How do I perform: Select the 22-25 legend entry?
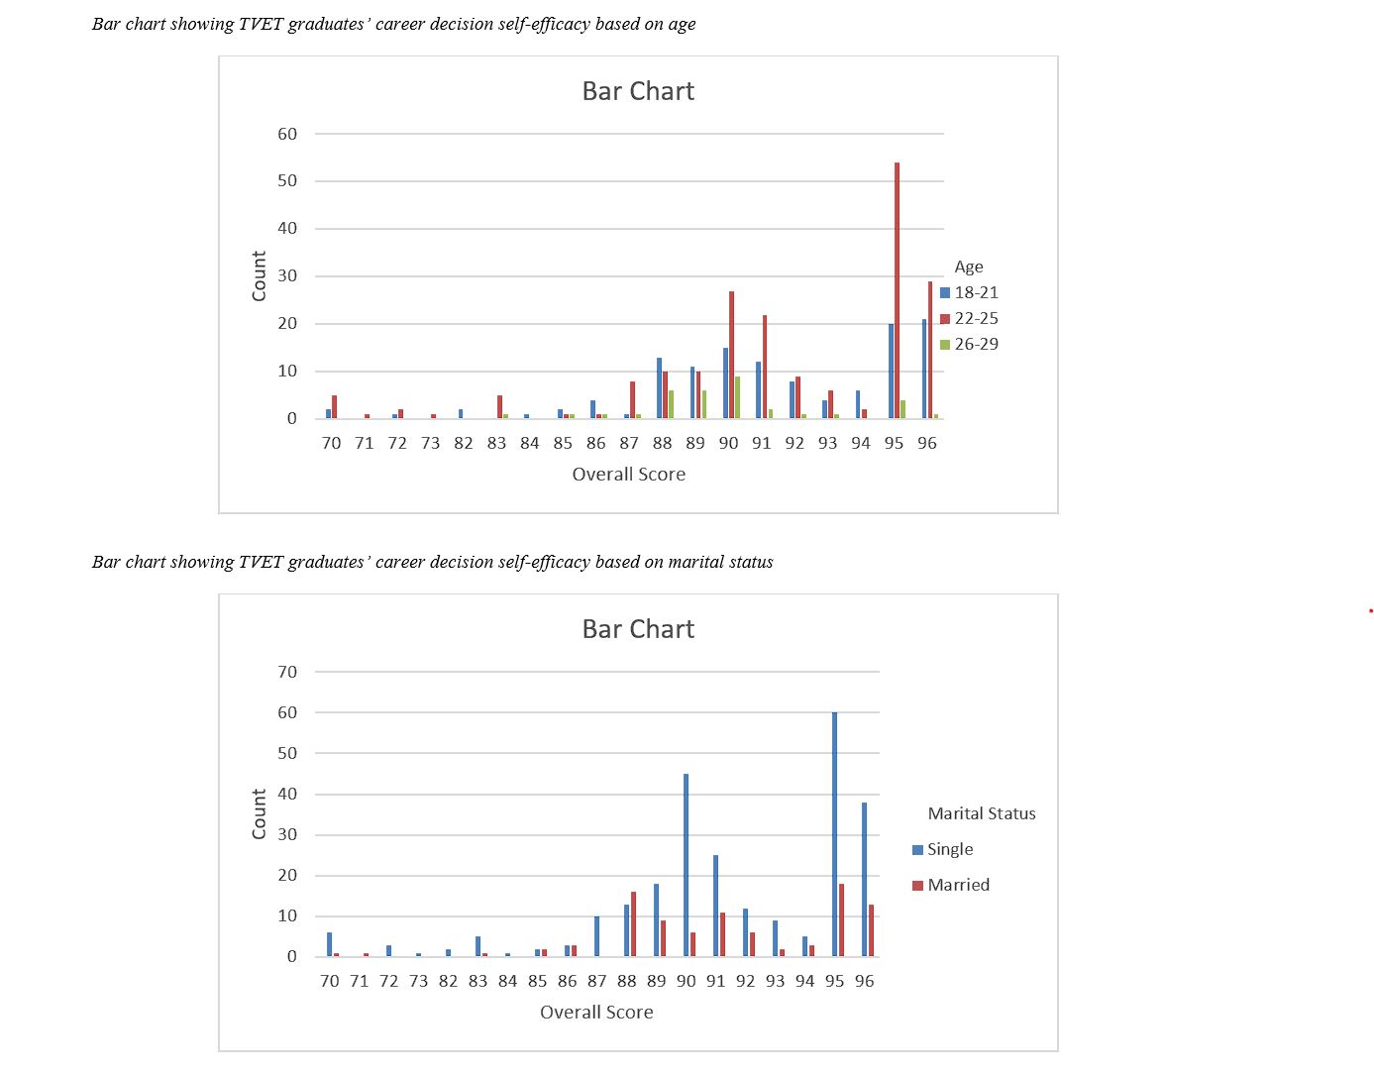(x=976, y=318)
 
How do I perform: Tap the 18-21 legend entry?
(x=976, y=292)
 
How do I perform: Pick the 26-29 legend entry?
(x=976, y=344)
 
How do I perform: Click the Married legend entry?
(x=958, y=885)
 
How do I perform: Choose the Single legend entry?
(x=949, y=849)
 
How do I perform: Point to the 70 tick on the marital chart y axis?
(x=287, y=672)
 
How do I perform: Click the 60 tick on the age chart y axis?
(x=287, y=134)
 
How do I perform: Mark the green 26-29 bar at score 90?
(x=737, y=397)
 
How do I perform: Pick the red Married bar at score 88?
(x=633, y=923)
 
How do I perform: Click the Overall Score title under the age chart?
(x=628, y=475)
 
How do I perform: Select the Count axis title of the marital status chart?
(x=260, y=813)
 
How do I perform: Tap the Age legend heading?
(x=969, y=267)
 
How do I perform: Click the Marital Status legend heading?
(x=981, y=813)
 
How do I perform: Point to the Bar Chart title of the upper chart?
(x=638, y=91)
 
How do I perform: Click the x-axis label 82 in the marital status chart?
(x=448, y=981)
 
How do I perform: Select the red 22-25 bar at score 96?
(x=930, y=350)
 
